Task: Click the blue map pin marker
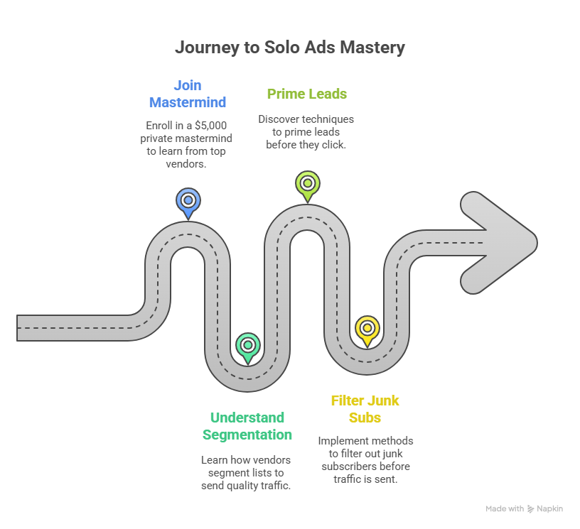click(x=188, y=201)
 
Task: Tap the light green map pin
click(x=307, y=185)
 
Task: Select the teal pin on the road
click(x=247, y=346)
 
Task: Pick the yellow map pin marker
click(x=367, y=329)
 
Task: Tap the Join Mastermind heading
click(x=188, y=94)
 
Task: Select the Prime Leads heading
click(x=307, y=94)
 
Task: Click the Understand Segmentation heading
click(x=247, y=426)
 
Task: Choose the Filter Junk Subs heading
click(x=365, y=409)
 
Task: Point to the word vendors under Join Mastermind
click(x=188, y=164)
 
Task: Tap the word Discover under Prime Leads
click(x=279, y=119)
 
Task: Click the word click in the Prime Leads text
click(x=334, y=145)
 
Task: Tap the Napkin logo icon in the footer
click(x=530, y=509)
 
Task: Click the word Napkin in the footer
click(x=549, y=509)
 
